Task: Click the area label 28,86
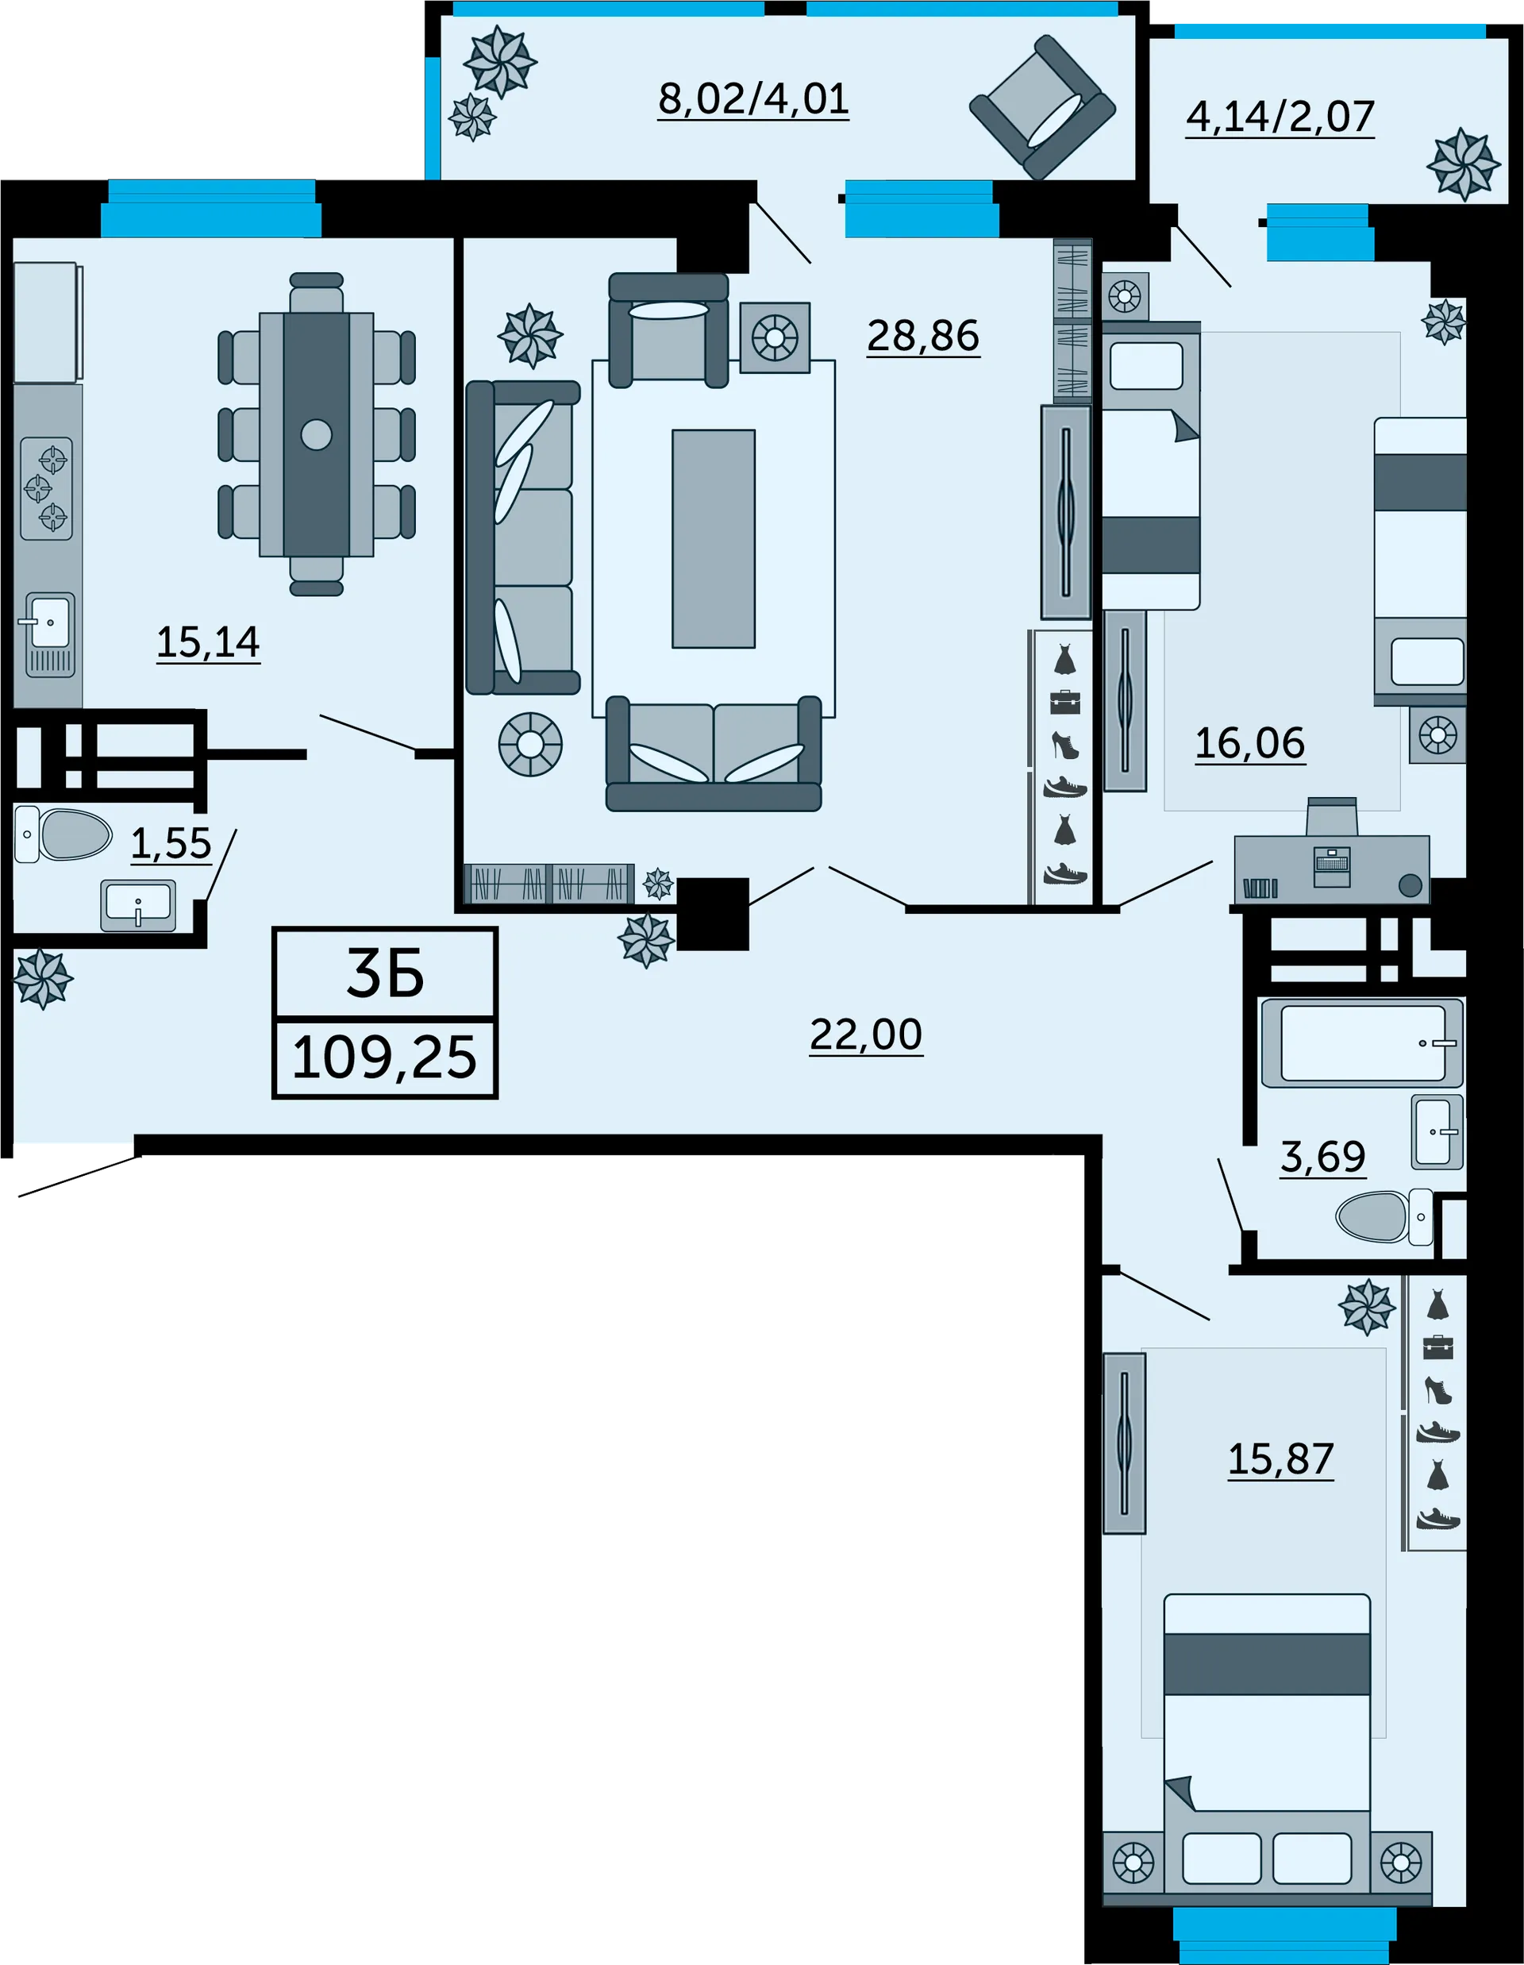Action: (923, 336)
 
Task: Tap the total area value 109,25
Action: (384, 1058)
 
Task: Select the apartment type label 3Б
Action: (385, 975)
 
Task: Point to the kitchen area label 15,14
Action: (208, 642)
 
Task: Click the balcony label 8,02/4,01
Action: (753, 99)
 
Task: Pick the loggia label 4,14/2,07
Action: (1280, 117)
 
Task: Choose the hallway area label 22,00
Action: (865, 1035)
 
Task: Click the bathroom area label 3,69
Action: (1322, 1157)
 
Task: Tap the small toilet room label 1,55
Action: (171, 844)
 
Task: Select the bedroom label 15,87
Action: (1280, 1459)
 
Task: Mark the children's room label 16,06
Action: (1249, 744)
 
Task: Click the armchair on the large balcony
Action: (1043, 107)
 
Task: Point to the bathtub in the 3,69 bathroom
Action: (1362, 1042)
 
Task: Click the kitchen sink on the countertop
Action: (50, 634)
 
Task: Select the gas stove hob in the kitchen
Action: (47, 487)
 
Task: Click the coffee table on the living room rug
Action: (714, 539)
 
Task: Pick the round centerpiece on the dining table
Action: (317, 434)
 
